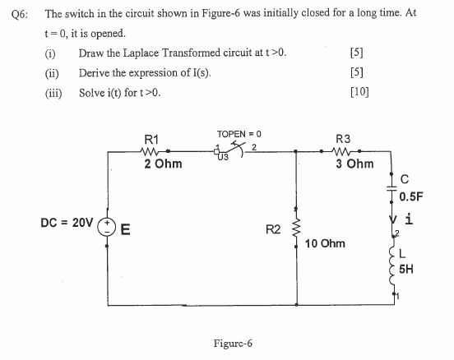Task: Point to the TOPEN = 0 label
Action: click(239, 132)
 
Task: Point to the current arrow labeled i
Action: click(393, 220)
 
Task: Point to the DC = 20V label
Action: click(67, 223)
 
